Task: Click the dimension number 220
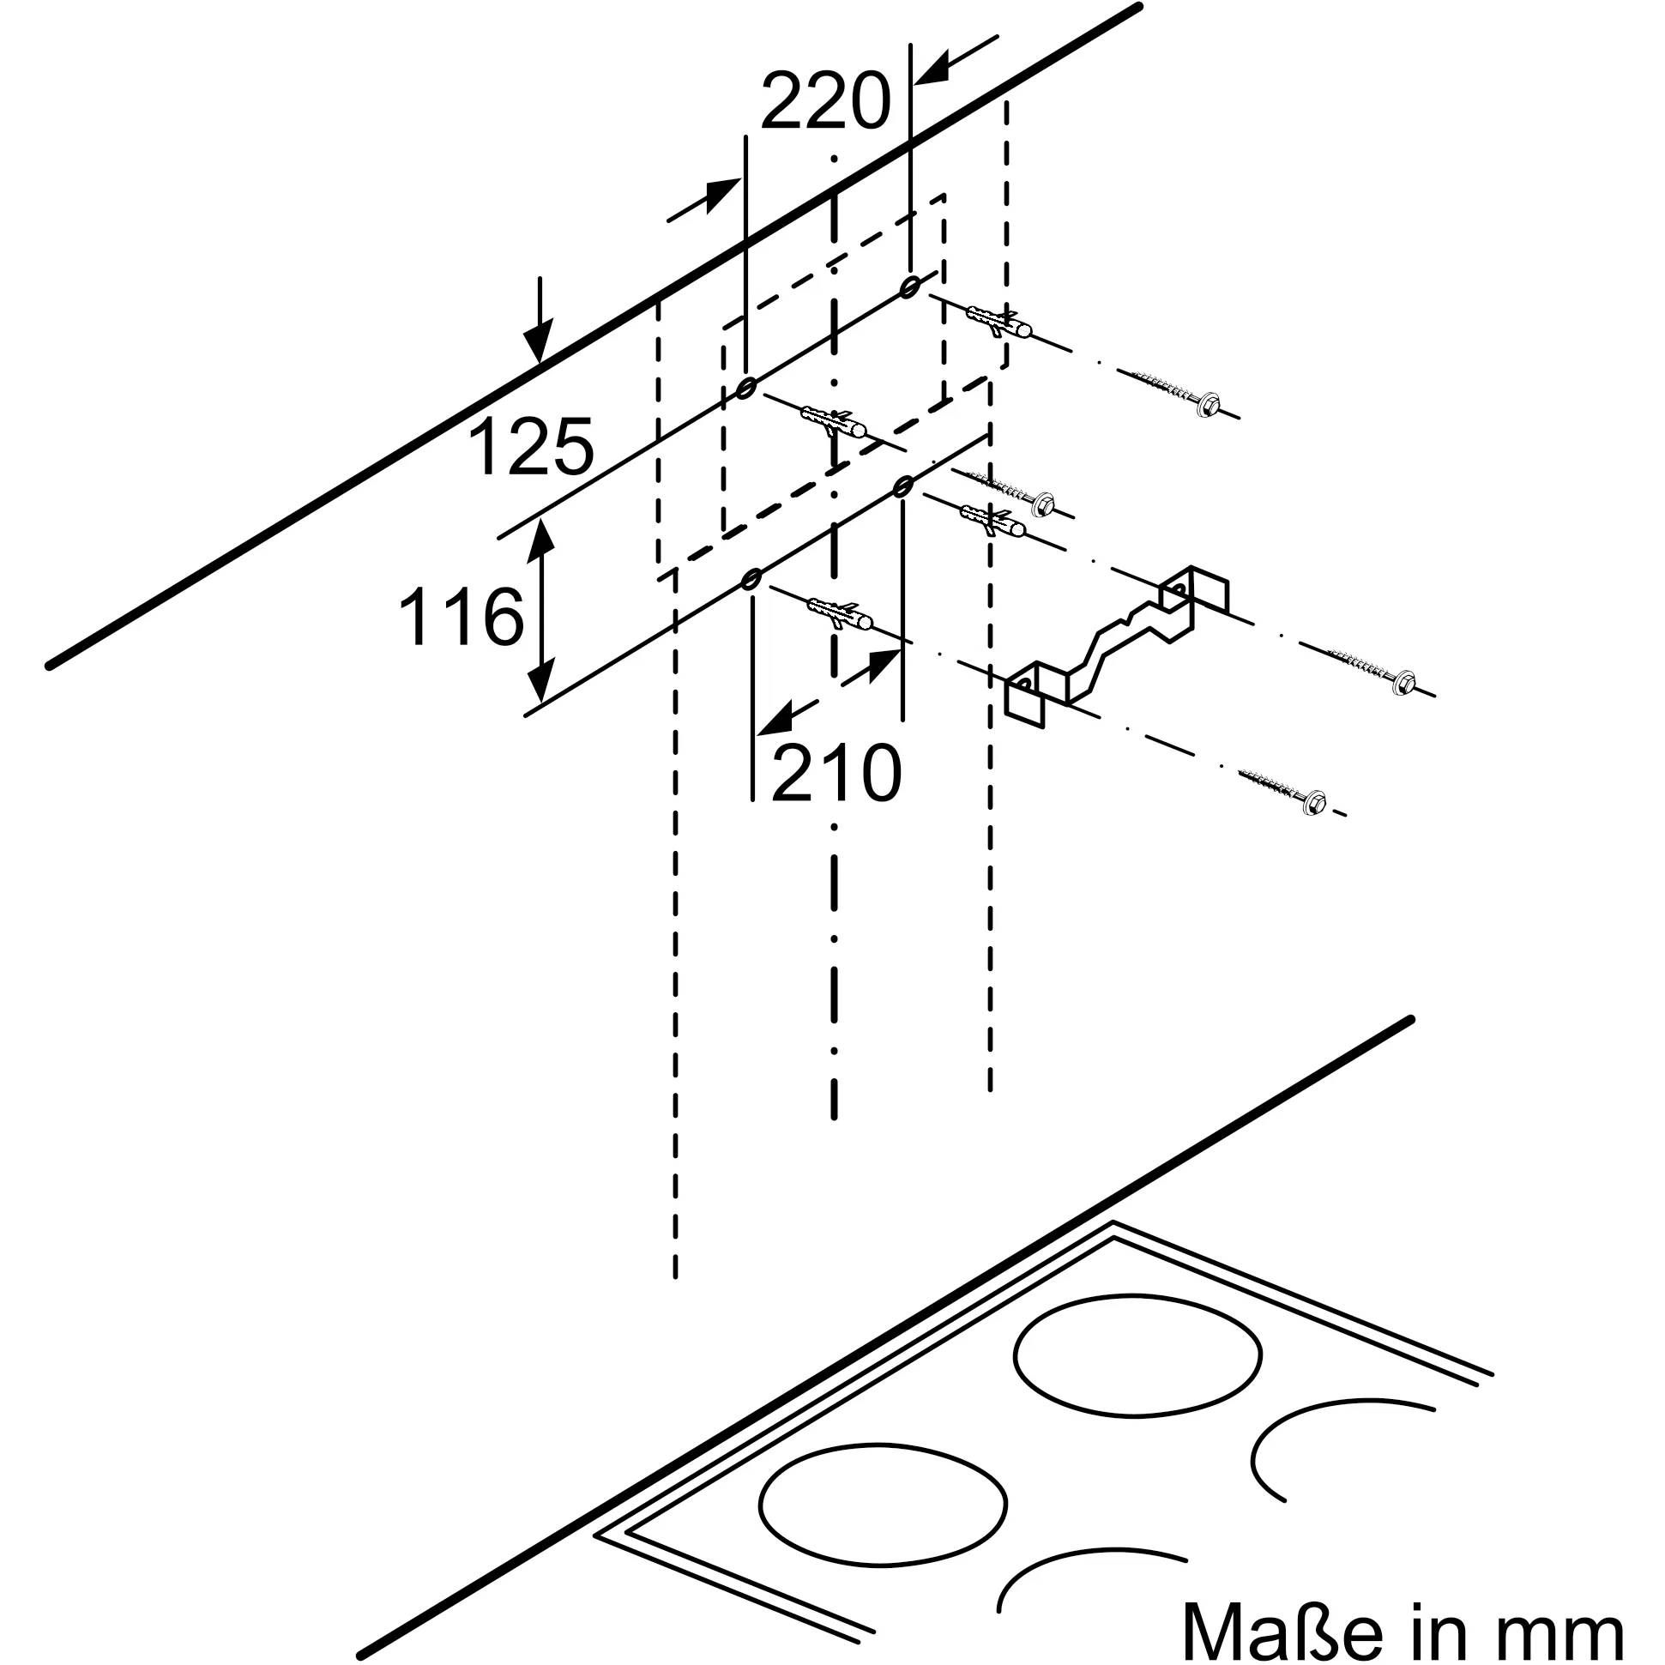(823, 102)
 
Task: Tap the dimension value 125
(531, 446)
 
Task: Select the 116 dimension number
(461, 616)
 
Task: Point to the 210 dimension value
(836, 772)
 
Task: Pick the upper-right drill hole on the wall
(909, 287)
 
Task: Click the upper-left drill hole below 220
(745, 389)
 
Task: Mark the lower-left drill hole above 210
(751, 578)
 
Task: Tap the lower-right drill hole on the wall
(902, 487)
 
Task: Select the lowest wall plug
(841, 613)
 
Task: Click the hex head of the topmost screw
(1209, 403)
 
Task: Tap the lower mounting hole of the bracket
(1023, 685)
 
